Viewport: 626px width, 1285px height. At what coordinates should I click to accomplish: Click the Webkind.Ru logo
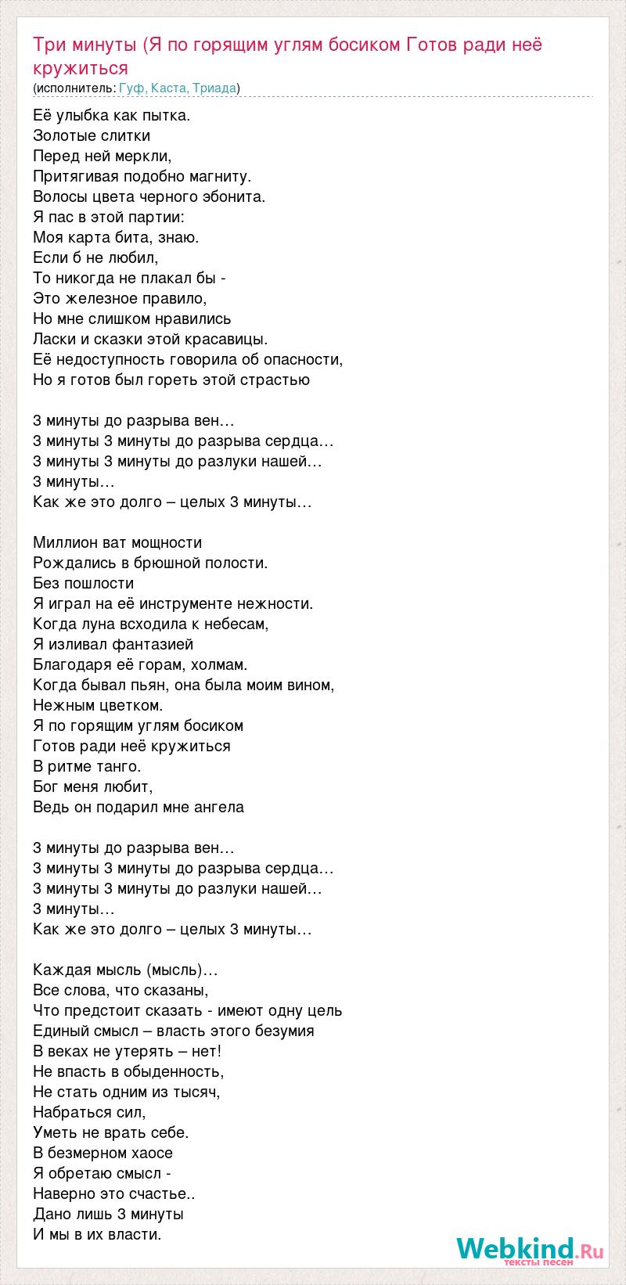pyautogui.click(x=529, y=1251)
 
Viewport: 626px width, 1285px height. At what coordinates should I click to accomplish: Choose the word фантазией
pyautogui.click(x=156, y=644)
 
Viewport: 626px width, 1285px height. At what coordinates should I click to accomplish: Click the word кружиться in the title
pyautogui.click(x=81, y=67)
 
